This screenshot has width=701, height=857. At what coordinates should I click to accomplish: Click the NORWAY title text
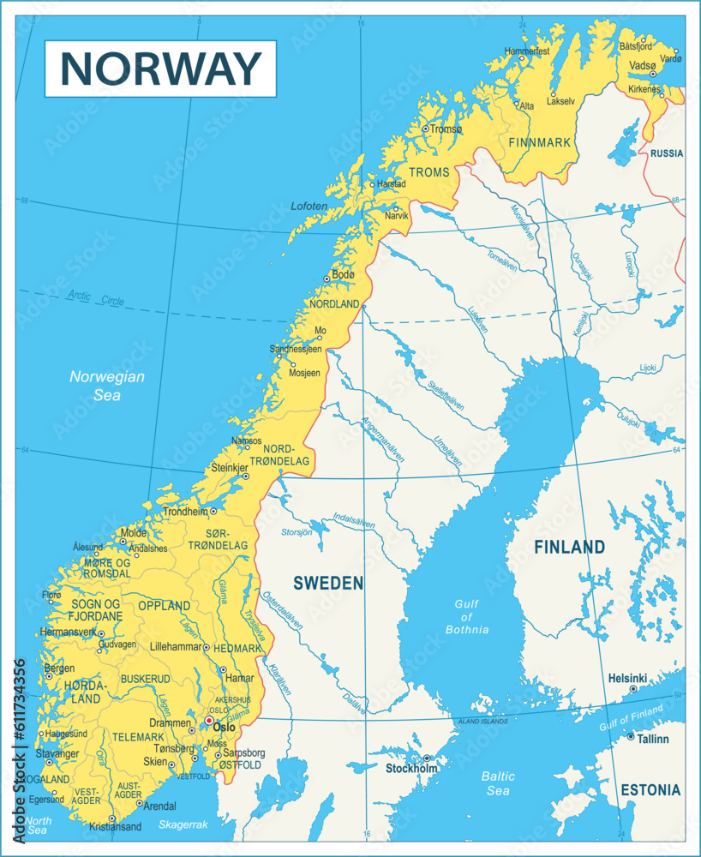162,68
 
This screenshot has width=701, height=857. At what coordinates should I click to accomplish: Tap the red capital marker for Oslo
207,721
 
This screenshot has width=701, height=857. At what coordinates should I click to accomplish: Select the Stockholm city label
411,769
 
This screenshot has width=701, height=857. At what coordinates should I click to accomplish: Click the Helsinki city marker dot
633,689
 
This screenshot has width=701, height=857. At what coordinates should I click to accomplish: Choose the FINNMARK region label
539,141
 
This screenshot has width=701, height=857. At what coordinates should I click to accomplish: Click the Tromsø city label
446,129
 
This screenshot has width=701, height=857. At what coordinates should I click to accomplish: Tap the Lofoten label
309,207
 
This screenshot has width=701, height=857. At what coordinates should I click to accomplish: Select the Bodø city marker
327,278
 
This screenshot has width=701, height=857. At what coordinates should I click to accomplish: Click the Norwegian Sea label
107,386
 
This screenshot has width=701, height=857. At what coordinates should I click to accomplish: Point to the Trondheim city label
185,512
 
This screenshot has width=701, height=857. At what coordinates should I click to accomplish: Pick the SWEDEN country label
328,584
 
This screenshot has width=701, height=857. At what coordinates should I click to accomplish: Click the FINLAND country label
570,547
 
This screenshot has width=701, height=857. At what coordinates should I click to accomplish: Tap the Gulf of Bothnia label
467,617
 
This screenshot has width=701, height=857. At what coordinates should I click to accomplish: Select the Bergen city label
59,668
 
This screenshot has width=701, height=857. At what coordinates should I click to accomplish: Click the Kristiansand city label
114,827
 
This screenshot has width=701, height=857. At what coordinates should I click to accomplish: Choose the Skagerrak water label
183,824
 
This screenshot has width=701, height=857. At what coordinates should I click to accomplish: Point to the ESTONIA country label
650,790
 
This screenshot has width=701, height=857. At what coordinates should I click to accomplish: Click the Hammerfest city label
527,51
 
